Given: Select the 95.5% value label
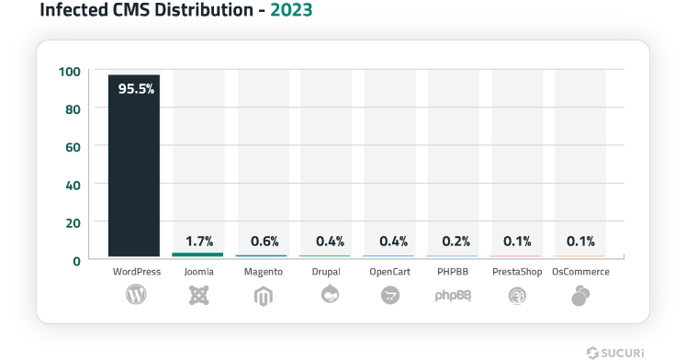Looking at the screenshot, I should (135, 89).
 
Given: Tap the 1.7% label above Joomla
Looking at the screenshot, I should (198, 242).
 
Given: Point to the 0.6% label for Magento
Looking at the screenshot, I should (262, 242).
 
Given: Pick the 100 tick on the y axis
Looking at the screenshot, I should (70, 71).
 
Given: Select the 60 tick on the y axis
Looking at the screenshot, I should (73, 146).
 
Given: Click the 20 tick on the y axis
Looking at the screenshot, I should (73, 222).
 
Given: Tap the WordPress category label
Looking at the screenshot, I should (136, 272).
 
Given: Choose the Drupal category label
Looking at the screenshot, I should (326, 272).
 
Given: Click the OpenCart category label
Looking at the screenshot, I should (389, 272).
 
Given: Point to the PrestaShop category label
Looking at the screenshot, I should (516, 272).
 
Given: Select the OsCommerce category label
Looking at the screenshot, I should (580, 272).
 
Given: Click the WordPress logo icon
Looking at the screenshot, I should (136, 295).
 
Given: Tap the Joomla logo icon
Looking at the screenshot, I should (199, 295).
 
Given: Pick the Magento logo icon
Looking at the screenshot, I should (263, 295).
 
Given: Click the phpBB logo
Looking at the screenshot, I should (453, 296).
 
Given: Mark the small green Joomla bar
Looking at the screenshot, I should (198, 254).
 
